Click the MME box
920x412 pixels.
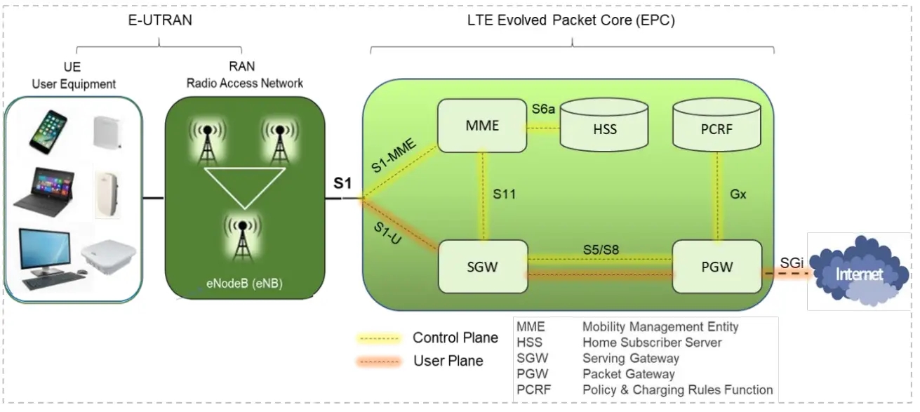point(482,126)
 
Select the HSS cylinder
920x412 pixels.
point(604,124)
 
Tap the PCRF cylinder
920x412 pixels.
point(716,124)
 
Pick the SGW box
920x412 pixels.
point(483,267)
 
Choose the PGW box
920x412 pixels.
point(717,267)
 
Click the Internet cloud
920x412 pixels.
point(859,271)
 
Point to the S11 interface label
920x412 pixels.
point(505,194)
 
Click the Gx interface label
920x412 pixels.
point(738,194)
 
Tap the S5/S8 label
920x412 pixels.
point(601,249)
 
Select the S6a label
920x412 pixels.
point(543,109)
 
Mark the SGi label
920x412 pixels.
point(792,263)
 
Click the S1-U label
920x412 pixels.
point(387,233)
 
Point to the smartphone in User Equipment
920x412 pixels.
point(48,132)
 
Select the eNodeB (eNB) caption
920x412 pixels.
point(244,284)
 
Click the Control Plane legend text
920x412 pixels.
point(455,338)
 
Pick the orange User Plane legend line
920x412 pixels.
point(378,361)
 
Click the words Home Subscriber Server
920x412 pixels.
point(652,343)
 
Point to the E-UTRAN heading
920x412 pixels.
point(160,20)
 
